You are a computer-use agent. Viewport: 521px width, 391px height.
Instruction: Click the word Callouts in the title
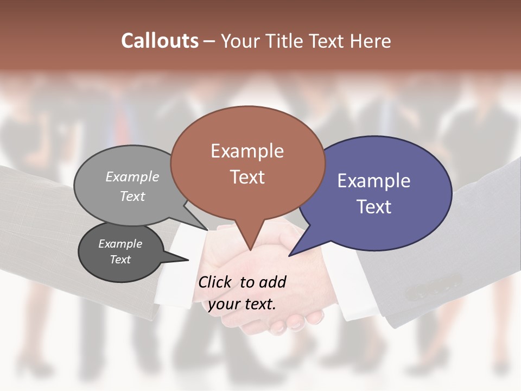coord(160,41)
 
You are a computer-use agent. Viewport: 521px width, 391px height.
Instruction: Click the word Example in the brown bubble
coord(247,151)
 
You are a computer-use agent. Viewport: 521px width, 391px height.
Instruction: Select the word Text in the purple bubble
coord(374,207)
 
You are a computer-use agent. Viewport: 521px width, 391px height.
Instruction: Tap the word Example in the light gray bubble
coord(132,176)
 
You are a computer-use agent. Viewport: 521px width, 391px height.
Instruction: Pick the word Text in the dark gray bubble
coord(120,260)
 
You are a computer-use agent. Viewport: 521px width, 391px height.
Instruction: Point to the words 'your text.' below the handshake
coord(242,304)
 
